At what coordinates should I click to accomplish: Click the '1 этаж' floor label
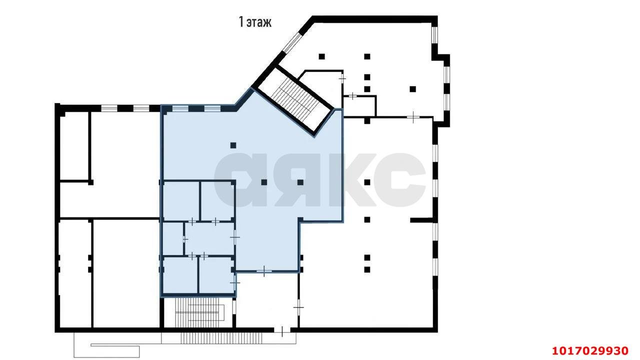[x=255, y=22]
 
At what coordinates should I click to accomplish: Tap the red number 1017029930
[x=590, y=350]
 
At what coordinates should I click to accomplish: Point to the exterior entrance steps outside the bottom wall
[x=221, y=338]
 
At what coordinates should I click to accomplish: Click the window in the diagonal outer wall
[x=291, y=43]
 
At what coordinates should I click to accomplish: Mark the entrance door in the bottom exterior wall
[x=282, y=330]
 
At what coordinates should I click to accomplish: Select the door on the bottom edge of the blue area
[x=264, y=271]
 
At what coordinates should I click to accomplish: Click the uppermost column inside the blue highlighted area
[x=233, y=145]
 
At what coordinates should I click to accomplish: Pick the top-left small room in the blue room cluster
[x=181, y=201]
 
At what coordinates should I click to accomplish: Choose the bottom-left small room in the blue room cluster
[x=180, y=275]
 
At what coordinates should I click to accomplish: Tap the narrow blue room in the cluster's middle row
[x=173, y=238]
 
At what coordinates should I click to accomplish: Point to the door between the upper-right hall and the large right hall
[x=413, y=117]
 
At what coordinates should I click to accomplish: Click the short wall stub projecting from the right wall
[x=422, y=220]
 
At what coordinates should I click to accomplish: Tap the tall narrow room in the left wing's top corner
[x=74, y=145]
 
